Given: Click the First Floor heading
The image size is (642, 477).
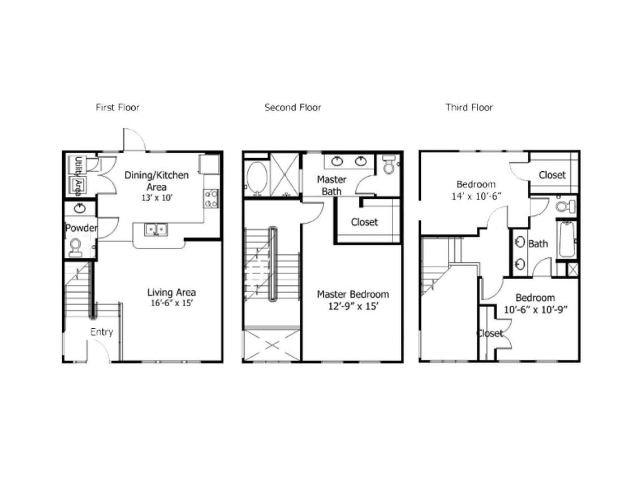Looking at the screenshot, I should [117, 107].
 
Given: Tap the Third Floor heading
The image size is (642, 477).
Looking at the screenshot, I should [469, 107].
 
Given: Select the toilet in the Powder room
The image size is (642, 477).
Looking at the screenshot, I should [75, 246].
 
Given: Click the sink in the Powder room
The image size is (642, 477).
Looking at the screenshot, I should [80, 209].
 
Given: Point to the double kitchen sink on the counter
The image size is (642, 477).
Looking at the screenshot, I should [155, 229].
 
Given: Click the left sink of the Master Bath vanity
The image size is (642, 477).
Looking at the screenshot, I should [337, 162].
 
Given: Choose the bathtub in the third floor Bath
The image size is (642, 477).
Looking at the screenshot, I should [566, 239].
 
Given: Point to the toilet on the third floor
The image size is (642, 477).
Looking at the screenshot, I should [563, 206].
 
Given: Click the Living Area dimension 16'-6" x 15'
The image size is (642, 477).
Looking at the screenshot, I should [171, 303].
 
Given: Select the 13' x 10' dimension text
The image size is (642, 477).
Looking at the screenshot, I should [156, 198].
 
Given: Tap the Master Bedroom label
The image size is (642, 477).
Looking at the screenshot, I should [352, 294].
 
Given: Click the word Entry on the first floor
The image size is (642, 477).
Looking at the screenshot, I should [102, 332].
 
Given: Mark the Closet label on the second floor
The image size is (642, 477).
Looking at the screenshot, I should [364, 222].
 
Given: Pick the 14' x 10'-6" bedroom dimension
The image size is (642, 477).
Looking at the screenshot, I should [476, 196].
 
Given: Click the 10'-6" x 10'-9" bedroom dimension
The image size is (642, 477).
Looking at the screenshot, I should [535, 309].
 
